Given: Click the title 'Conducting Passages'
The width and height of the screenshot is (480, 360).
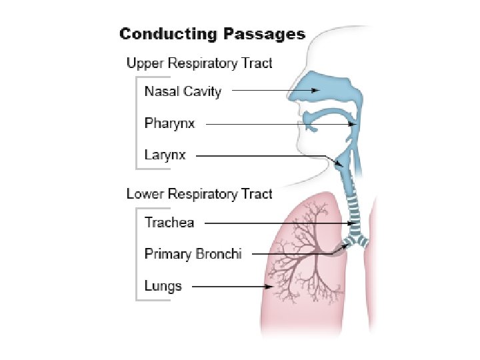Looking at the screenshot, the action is point(211,34).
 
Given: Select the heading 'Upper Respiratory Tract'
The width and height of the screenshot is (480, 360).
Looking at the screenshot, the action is point(199,63).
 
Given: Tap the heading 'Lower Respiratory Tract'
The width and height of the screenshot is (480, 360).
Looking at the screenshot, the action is point(199,194).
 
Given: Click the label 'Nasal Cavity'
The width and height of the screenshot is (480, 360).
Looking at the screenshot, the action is point(183,91).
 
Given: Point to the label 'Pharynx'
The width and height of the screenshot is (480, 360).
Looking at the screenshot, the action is point(169,123).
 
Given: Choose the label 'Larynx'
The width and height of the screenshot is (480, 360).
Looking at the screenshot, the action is point(165,155).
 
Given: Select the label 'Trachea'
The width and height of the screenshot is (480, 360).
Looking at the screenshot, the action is point(169,222).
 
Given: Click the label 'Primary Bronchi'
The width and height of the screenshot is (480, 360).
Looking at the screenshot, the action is point(193,254).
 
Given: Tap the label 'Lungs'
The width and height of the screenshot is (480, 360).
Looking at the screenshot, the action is point(163,286).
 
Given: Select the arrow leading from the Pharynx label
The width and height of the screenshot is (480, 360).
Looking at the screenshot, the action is point(280,123).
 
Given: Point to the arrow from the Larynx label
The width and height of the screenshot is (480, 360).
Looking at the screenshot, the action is point(267,156).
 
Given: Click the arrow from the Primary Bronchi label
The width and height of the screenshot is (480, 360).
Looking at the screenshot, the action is point(293,254).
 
